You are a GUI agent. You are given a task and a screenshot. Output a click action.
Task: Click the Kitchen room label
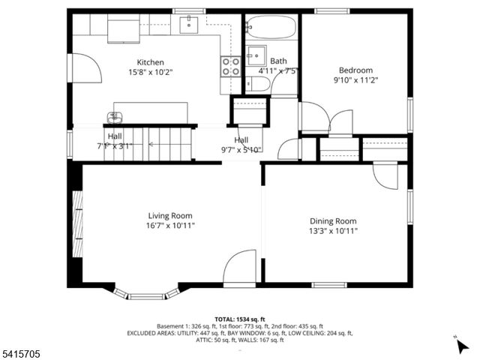[150, 62]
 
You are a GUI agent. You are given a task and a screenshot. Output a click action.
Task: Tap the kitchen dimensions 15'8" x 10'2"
[150, 73]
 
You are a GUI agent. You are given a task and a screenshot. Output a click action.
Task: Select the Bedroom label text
[353, 70]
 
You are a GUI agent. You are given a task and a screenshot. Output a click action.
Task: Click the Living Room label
[171, 215]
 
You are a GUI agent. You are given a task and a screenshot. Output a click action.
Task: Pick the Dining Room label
[333, 221]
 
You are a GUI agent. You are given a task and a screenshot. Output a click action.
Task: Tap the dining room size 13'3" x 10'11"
[333, 231]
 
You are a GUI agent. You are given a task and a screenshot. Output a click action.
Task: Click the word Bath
[278, 61]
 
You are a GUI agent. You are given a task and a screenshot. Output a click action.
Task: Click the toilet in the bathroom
[256, 82]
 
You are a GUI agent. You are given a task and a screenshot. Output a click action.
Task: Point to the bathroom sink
[256, 54]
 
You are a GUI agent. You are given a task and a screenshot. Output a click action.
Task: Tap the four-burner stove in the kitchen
[230, 67]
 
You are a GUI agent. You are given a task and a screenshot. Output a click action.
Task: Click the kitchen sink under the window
[189, 23]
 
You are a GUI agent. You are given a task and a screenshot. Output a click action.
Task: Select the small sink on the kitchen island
[114, 117]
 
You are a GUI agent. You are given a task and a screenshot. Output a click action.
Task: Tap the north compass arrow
[462, 346]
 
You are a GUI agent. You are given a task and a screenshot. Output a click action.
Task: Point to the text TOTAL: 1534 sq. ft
[239, 319]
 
